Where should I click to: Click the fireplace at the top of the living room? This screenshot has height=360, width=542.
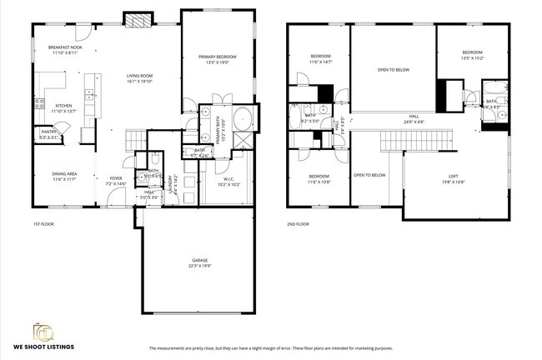138,19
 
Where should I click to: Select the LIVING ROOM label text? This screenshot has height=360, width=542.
139,78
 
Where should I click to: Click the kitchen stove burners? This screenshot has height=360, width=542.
38,103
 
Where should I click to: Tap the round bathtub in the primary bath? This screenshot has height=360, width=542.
242,117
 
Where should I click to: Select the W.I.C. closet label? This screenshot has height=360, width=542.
228,181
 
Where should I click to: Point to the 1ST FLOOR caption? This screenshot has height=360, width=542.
44,224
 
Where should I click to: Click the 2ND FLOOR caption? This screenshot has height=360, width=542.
298,224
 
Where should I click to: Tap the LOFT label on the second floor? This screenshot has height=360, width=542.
453,177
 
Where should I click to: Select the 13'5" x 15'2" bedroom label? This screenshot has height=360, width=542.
471,55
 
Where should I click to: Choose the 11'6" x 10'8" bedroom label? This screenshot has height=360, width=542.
319,178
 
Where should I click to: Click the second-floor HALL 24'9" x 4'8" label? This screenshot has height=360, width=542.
414,118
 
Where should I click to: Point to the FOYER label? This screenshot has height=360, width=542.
115,180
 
